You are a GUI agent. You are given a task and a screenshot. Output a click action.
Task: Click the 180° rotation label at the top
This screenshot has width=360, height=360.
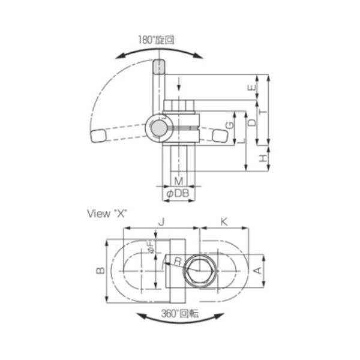[156, 40]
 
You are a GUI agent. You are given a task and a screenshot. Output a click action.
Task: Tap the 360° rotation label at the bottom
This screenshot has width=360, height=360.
[180, 314]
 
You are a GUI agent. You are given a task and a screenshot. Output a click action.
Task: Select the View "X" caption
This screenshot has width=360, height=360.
[107, 214]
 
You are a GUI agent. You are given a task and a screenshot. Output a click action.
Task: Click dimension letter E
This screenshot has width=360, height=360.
[252, 88]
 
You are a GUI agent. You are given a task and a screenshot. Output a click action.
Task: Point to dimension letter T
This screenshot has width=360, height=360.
[263, 112]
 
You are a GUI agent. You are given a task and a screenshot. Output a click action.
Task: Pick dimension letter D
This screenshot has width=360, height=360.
[252, 122]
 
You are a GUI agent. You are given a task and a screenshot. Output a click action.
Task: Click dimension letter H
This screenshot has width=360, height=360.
[263, 158]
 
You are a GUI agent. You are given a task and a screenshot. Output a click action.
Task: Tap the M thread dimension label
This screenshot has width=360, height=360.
[179, 181]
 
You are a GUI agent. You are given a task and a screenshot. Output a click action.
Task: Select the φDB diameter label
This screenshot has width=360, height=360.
[178, 194]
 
